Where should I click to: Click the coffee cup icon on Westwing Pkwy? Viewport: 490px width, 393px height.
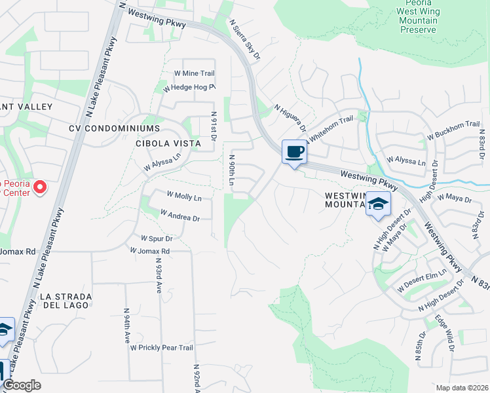pyautogui.click(x=294, y=152)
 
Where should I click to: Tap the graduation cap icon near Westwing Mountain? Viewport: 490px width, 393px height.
pyautogui.click(x=378, y=204)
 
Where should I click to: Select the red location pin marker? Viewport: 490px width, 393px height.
pyautogui.click(x=40, y=188)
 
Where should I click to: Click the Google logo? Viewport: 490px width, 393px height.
pyautogui.click(x=22, y=385)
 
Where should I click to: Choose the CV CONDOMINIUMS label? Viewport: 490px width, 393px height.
pyautogui.click(x=115, y=128)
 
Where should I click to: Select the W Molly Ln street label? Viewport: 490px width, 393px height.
pyautogui.click(x=184, y=196)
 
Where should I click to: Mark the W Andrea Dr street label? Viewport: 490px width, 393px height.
pyautogui.click(x=179, y=215)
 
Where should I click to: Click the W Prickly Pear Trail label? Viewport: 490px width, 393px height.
pyautogui.click(x=162, y=348)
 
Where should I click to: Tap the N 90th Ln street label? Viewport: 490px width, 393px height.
pyautogui.click(x=231, y=169)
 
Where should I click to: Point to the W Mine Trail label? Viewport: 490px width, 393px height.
pyautogui.click(x=194, y=73)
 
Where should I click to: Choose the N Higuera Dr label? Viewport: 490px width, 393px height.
pyautogui.click(x=290, y=121)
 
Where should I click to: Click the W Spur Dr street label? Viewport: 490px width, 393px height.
pyautogui.click(x=157, y=238)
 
